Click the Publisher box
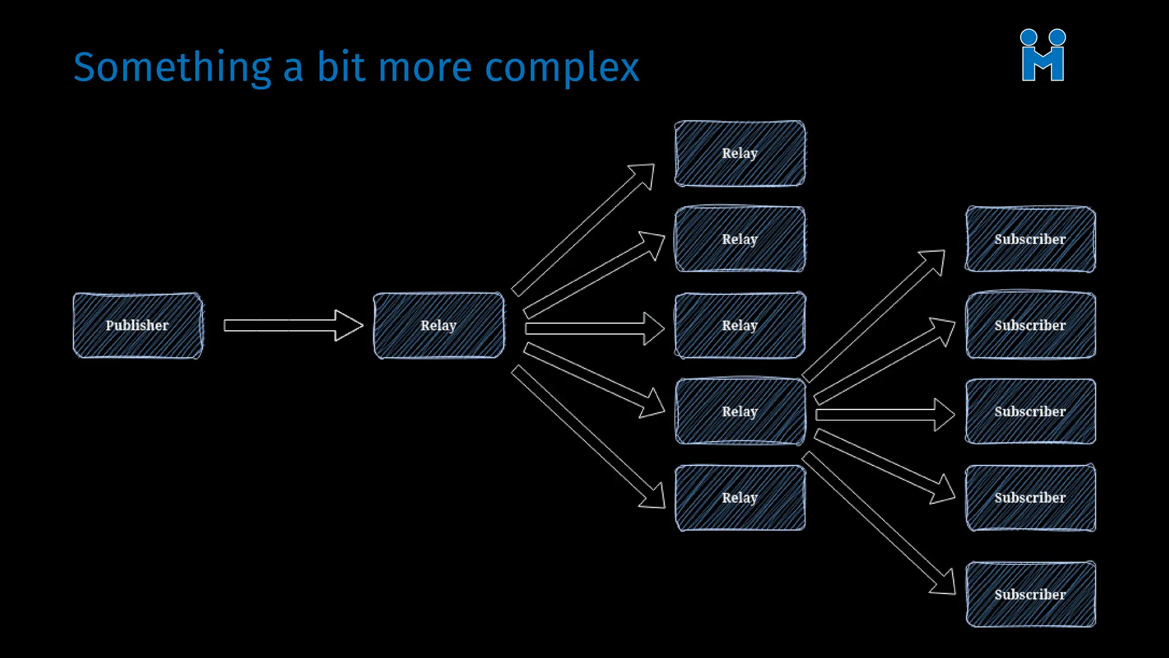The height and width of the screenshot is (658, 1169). tap(138, 326)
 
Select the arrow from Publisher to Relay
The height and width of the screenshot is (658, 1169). tap(292, 326)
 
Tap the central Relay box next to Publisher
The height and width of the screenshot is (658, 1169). tap(438, 326)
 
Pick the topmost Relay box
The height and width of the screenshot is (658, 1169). tap(740, 153)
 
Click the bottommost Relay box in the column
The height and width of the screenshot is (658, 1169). tap(740, 497)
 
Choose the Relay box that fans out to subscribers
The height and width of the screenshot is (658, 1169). tap(740, 411)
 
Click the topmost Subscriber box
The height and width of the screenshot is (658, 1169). tap(1030, 239)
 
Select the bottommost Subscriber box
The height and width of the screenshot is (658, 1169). tap(1030, 594)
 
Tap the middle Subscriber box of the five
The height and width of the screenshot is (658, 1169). tap(1030, 411)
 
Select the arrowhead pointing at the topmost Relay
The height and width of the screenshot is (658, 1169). tap(644, 174)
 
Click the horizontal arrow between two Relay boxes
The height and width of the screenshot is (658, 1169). tap(594, 328)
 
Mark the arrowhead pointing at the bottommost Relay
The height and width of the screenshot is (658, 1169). tap(654, 497)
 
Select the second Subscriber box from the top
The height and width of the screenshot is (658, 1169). tap(1030, 326)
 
